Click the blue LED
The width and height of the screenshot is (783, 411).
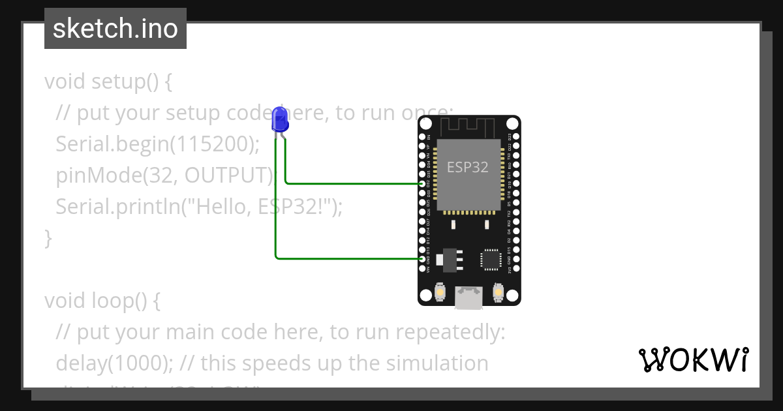click(x=280, y=120)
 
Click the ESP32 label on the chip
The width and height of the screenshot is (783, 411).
click(x=467, y=167)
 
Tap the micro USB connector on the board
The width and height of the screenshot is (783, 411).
click(x=469, y=298)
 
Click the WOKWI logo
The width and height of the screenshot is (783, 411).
click(x=693, y=359)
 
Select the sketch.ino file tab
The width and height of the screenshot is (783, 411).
click(x=115, y=29)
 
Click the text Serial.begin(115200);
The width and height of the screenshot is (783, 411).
click(x=157, y=144)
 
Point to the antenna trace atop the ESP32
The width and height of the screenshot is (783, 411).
click(x=469, y=125)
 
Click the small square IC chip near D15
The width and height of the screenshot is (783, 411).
click(x=490, y=259)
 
